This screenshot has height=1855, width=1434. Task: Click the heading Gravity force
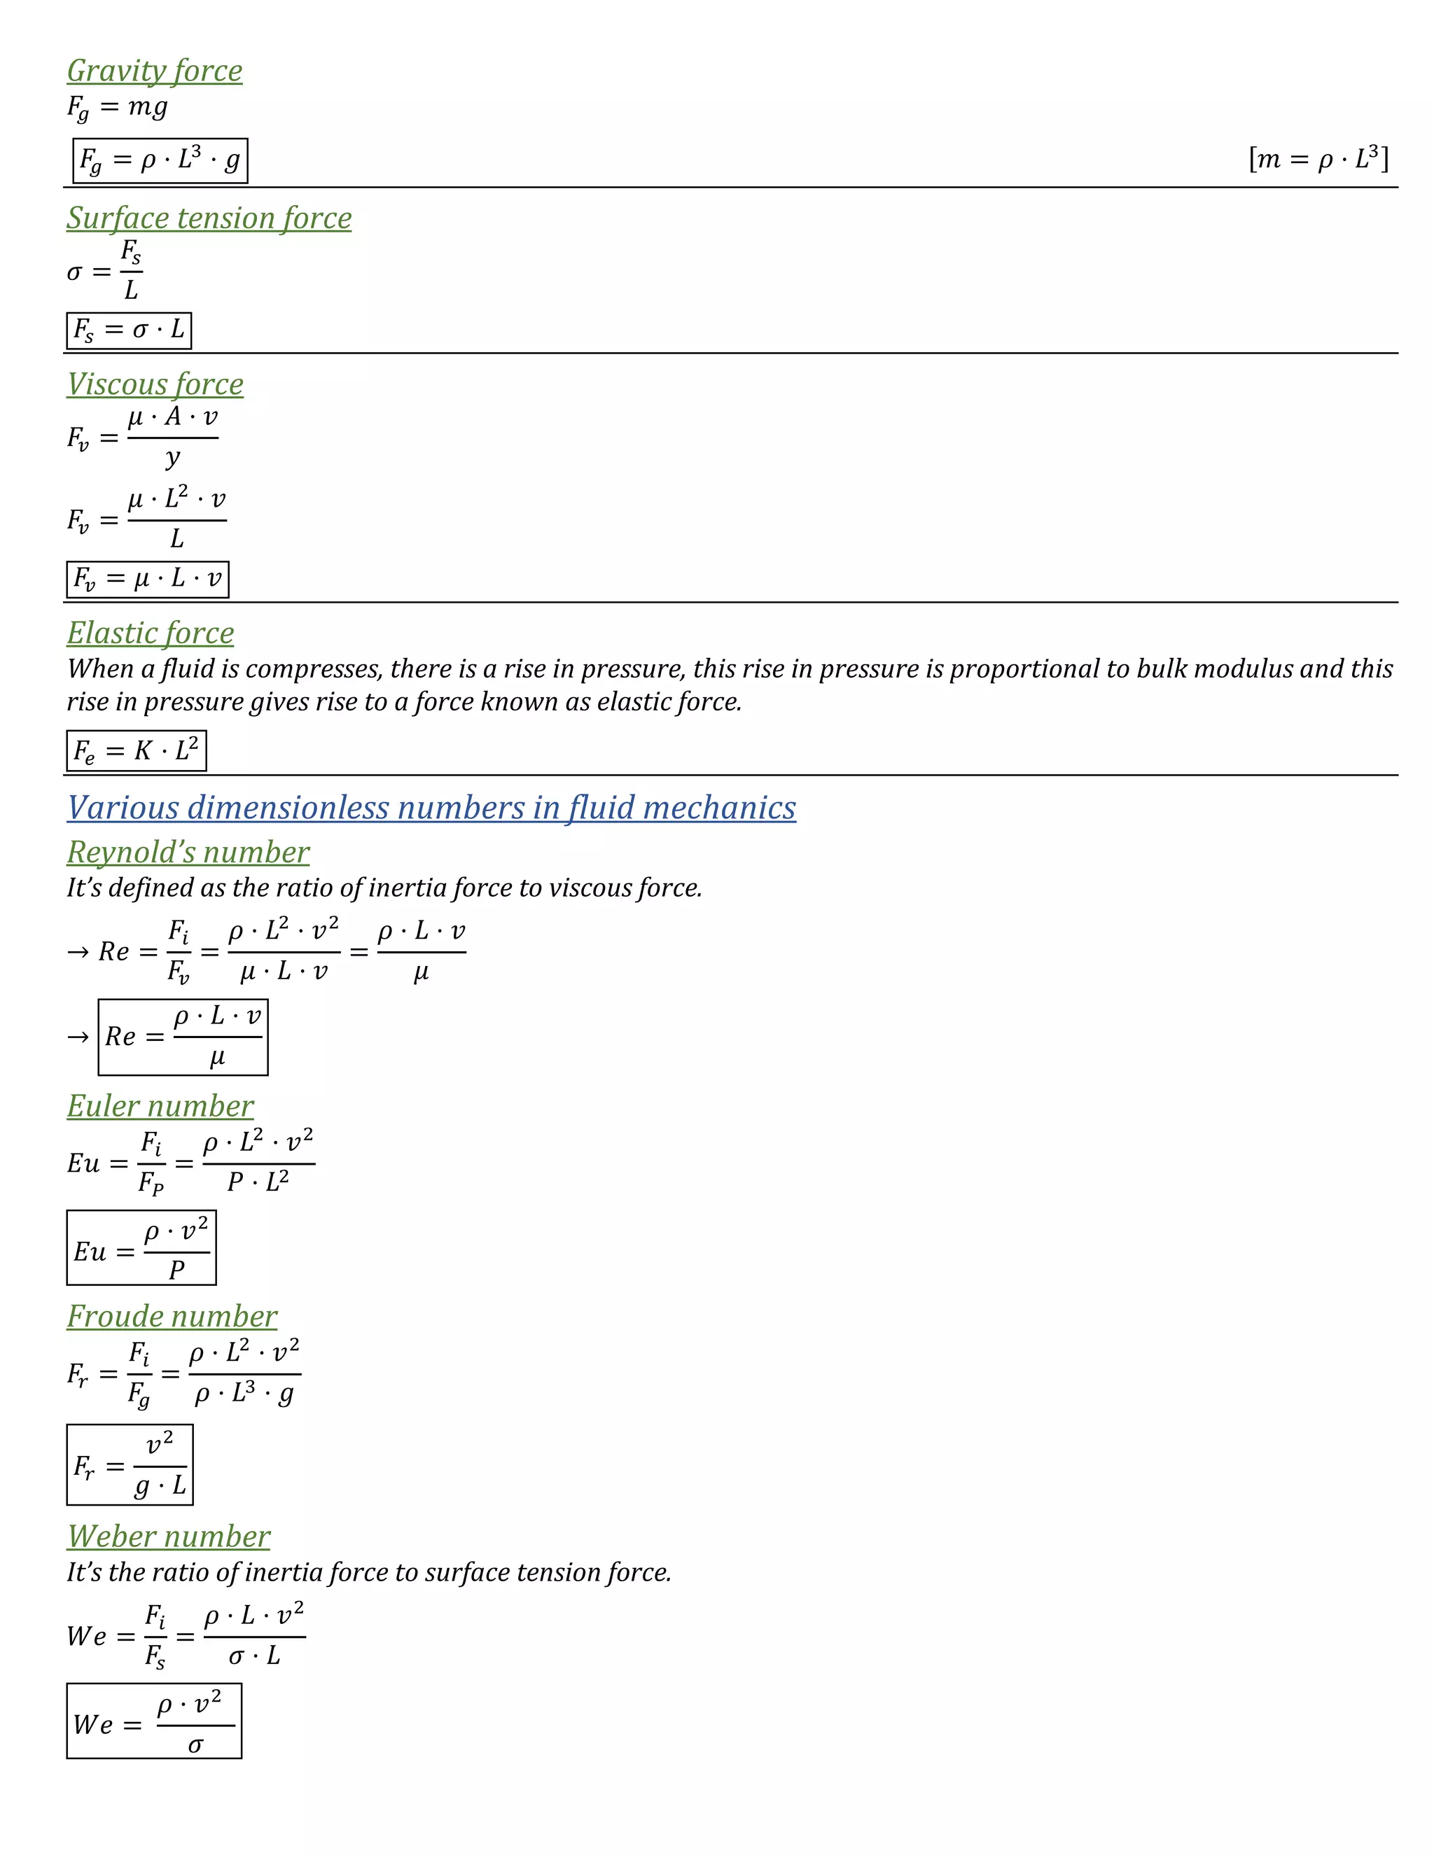(x=155, y=71)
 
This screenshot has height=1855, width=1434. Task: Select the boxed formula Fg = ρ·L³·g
(x=160, y=160)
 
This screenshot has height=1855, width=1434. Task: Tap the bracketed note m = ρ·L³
(x=1318, y=159)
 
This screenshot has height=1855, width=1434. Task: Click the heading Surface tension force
(x=209, y=218)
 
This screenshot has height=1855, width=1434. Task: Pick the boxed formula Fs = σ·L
(x=129, y=330)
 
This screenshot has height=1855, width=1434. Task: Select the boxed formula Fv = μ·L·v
(x=148, y=580)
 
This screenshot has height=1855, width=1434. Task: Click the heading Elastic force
(x=151, y=633)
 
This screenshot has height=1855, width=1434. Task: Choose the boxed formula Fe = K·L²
(x=136, y=751)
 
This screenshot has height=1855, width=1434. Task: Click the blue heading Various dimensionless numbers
(x=431, y=808)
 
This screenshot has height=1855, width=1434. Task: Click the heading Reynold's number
(x=188, y=852)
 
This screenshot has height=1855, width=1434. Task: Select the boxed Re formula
(x=183, y=1037)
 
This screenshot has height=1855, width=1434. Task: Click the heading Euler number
(x=160, y=1106)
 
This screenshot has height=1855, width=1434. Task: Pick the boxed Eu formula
(x=141, y=1247)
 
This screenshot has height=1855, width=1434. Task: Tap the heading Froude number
(x=172, y=1317)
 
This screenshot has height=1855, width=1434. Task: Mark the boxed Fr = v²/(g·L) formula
(x=130, y=1465)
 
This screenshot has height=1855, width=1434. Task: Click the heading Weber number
(x=168, y=1536)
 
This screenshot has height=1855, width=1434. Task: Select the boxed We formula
(x=154, y=1721)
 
